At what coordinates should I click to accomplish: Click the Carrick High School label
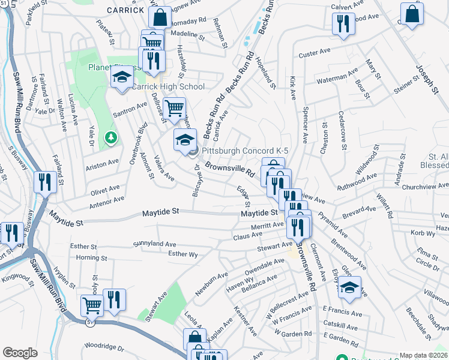[168, 87]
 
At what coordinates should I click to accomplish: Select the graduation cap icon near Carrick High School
[122, 77]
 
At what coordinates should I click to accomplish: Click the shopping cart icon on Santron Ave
[174, 109]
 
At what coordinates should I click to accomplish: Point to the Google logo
[20, 353]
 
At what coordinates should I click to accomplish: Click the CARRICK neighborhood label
[126, 10]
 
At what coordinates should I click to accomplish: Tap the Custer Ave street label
[312, 54]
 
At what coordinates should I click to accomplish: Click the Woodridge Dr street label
[104, 347]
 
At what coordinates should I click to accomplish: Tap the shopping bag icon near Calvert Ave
[412, 14]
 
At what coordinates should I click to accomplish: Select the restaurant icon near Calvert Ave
[342, 23]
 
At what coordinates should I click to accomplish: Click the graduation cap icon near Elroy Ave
[349, 287]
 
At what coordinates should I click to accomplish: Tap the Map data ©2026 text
[423, 355]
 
